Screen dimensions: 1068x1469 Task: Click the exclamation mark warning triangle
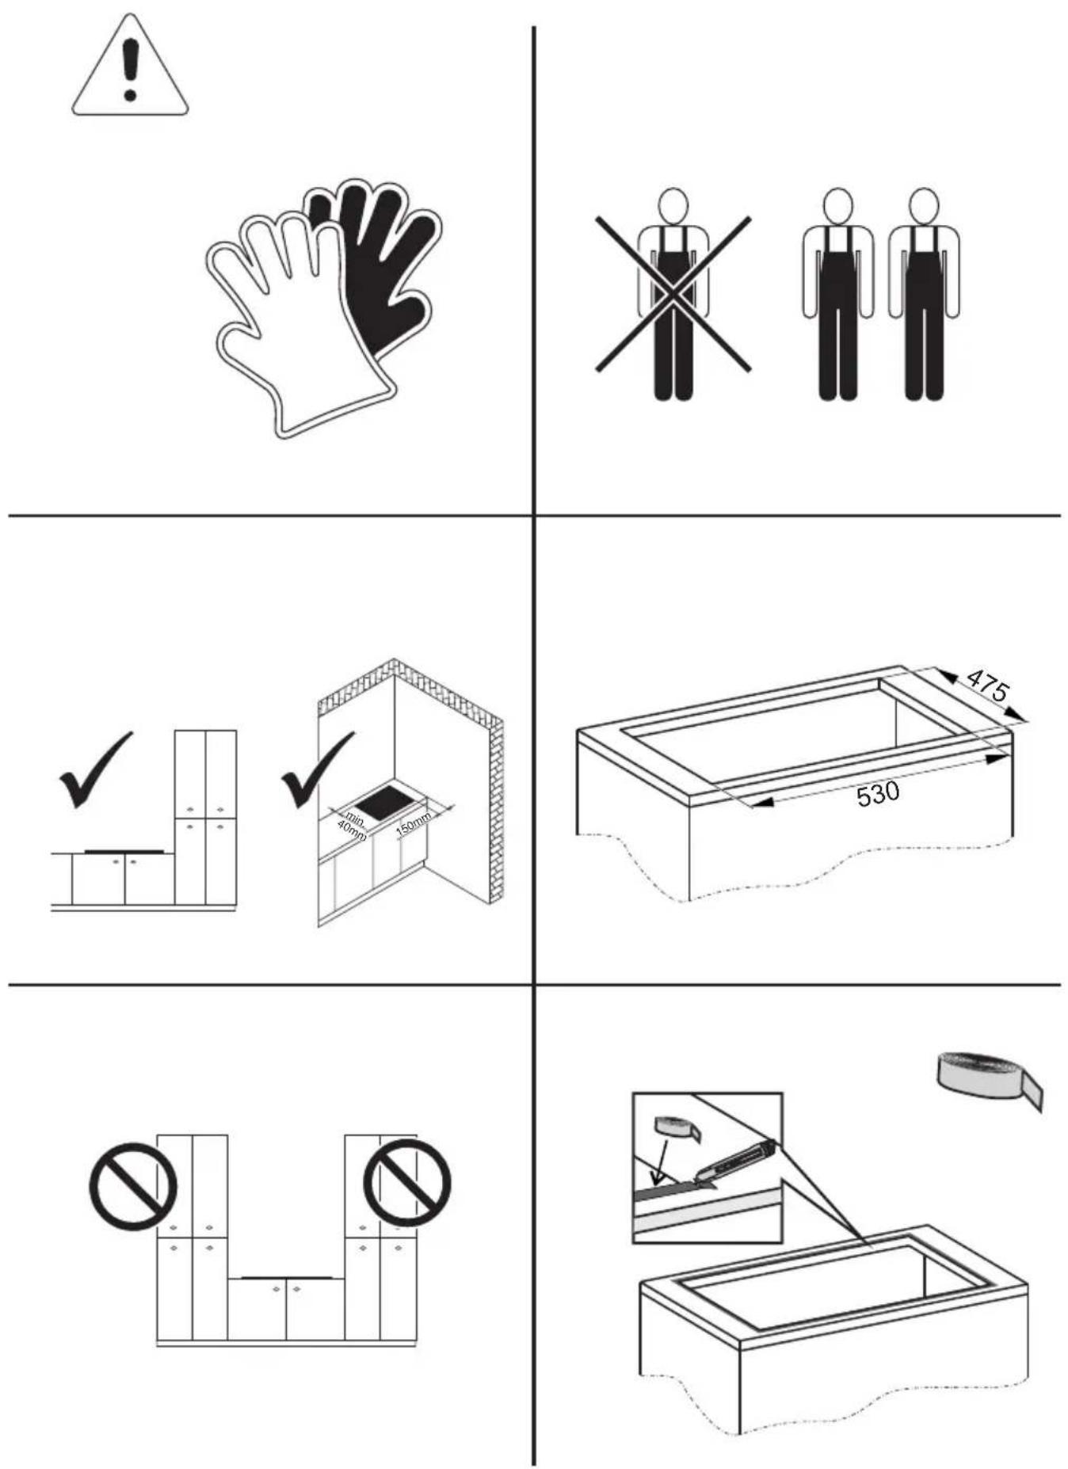click(x=130, y=67)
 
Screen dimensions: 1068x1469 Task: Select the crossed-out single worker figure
click(x=673, y=293)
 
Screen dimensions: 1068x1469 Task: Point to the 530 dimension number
click(x=878, y=793)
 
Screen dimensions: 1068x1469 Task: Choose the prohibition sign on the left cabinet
click(x=133, y=1185)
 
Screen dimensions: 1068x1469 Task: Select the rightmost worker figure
click(x=923, y=294)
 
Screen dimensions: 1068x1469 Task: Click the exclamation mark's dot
click(x=130, y=96)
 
